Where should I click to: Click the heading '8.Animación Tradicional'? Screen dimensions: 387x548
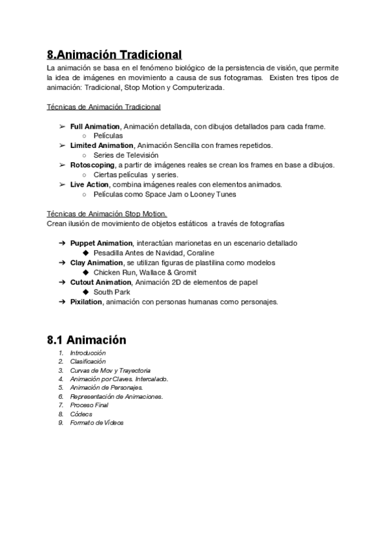(x=114, y=55)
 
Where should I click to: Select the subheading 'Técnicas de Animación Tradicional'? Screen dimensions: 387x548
(x=104, y=107)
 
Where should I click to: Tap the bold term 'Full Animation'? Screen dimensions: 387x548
(x=95, y=127)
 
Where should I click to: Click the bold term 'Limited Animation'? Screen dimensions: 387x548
(x=101, y=146)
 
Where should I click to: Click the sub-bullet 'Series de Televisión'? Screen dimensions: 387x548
(x=125, y=156)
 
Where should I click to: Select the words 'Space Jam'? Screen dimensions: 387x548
(x=166, y=195)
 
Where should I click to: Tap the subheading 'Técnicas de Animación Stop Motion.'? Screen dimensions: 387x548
(x=107, y=214)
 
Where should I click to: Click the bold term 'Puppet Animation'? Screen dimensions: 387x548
(x=101, y=244)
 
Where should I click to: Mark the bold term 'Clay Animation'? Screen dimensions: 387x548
(x=96, y=263)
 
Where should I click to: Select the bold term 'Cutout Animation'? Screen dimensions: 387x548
(x=100, y=282)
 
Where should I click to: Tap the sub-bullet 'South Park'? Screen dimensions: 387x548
(x=111, y=292)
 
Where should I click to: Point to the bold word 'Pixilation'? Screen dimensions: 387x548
(x=86, y=302)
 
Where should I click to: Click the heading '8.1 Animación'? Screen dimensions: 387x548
(x=87, y=340)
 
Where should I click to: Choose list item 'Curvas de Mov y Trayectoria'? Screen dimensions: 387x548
(x=110, y=370)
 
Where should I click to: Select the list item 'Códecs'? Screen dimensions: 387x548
(x=81, y=414)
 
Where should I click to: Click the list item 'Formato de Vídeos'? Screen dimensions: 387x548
(x=96, y=423)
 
